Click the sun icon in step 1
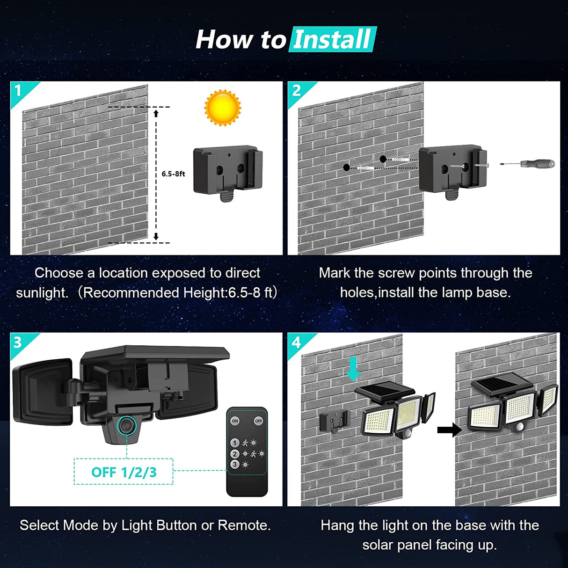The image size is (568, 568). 223,108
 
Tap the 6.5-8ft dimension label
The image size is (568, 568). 173,174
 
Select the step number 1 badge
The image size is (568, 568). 18,90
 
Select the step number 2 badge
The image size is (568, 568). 296,90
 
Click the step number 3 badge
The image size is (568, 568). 18,342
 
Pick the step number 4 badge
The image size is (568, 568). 296,342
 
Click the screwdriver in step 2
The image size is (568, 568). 528,164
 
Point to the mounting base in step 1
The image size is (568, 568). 228,172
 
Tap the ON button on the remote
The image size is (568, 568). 235,421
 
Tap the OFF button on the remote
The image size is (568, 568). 258,421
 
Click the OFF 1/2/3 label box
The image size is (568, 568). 124,472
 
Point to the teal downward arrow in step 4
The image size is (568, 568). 353,369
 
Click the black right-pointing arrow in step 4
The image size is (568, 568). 449,430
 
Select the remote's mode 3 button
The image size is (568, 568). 235,464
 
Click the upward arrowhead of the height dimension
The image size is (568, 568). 156,113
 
